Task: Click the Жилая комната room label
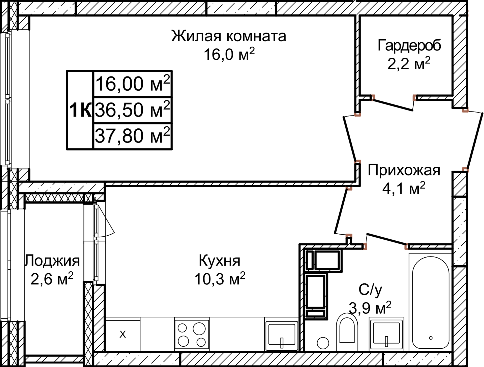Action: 229,36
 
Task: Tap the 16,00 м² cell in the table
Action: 133,84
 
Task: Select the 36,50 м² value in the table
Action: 133,110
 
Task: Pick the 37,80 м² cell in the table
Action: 133,136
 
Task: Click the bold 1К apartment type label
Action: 80,110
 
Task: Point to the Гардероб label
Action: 409,45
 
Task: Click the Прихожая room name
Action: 404,170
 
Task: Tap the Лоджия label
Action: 52,261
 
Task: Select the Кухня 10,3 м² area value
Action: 220,279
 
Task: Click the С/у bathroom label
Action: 370,289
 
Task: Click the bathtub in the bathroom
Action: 431,302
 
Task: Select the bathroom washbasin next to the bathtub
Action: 386,334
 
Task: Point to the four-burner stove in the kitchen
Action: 192,334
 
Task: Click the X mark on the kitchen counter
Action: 123,334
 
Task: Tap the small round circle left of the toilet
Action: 323,343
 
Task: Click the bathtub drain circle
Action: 431,338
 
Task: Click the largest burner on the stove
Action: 199,328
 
